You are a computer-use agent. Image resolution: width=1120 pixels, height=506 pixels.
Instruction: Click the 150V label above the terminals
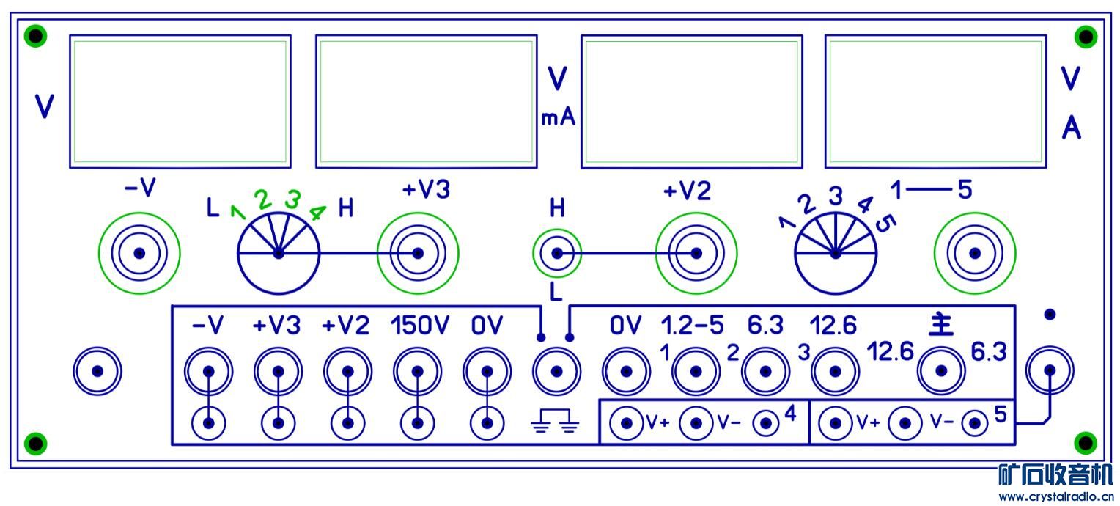[x=418, y=326]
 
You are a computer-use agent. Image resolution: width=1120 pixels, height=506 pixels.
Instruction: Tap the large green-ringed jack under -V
[x=139, y=254]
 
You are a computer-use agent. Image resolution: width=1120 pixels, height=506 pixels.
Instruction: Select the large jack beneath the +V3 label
[x=418, y=254]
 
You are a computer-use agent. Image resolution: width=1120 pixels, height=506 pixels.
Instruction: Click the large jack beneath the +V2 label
[x=696, y=254]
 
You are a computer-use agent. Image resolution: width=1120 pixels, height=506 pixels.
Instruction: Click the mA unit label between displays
[x=558, y=117]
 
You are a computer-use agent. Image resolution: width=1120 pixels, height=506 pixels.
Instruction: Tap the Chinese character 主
[x=941, y=324]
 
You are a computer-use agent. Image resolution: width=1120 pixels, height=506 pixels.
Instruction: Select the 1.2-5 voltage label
[x=691, y=324]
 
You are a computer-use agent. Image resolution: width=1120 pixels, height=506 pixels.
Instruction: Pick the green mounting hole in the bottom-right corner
[x=1085, y=443]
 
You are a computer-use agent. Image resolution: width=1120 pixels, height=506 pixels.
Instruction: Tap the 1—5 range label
[x=931, y=191]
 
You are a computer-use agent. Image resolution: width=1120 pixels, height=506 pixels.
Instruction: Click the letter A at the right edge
[x=1072, y=129]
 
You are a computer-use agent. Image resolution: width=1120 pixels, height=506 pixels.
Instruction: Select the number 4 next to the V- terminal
[x=789, y=414]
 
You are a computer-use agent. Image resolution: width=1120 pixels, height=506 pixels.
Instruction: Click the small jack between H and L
[x=557, y=254]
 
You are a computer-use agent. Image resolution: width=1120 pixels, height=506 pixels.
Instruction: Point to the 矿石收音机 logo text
[x=1055, y=475]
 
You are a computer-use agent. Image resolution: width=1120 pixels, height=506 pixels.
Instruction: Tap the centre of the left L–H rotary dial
[x=279, y=254]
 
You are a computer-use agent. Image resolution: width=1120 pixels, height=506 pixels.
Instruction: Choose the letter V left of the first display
[x=45, y=107]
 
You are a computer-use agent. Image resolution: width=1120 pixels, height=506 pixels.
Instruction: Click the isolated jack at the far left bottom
[x=97, y=371]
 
